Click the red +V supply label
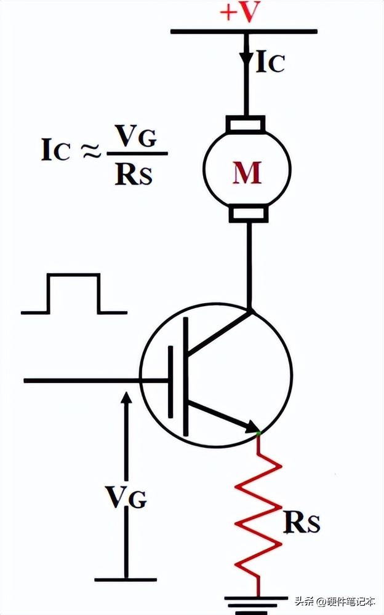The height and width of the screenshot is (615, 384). tap(239, 12)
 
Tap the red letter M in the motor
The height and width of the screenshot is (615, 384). tap(246, 174)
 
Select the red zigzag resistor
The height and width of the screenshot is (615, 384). tap(258, 510)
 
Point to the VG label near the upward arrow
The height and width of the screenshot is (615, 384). tap(125, 496)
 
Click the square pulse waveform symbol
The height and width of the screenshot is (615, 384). tap(74, 294)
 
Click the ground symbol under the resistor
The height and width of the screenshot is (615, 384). tap(258, 601)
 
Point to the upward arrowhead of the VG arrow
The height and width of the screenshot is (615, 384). tap(126, 397)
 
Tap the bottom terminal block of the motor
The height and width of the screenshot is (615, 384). tap(248, 214)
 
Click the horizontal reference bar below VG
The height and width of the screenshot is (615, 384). tap(126, 579)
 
